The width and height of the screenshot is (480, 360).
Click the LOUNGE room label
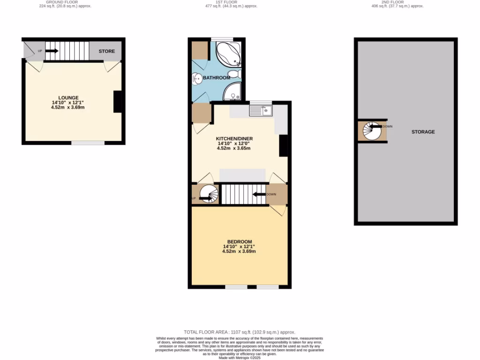pos(68,97)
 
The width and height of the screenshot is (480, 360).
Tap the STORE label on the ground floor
pos(106,51)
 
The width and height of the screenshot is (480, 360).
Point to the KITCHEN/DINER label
pos(233,139)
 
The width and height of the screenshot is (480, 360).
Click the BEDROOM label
pos(240,241)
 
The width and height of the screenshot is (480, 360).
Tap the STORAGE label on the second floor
pos(423,132)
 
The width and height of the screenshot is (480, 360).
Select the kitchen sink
pos(261,111)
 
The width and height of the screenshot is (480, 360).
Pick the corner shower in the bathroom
pos(232,92)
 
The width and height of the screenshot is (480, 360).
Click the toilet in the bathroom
pos(237,74)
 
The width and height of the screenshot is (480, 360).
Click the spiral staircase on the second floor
pos(373,131)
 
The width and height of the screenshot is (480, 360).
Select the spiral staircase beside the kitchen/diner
pos(207,194)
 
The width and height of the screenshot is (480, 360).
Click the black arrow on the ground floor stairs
pos(52,51)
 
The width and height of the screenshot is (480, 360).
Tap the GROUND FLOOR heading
pos(65,2)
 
